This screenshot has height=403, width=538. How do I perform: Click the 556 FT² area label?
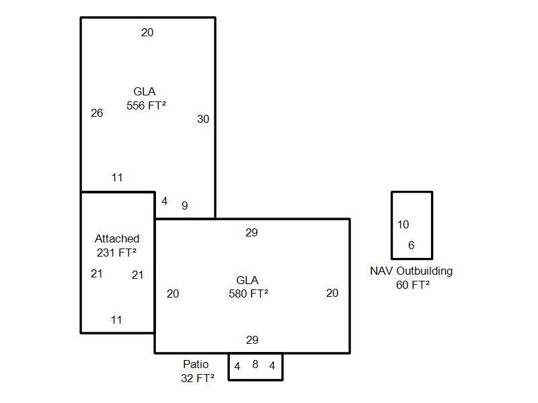click(x=146, y=105)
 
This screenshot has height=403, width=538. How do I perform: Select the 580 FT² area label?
click(x=248, y=294)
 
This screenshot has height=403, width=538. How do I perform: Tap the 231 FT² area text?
click(x=116, y=253)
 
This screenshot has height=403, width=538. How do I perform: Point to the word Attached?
click(x=117, y=238)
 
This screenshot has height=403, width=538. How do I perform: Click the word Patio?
click(x=196, y=364)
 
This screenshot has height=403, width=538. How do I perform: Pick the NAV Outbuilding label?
click(x=411, y=271)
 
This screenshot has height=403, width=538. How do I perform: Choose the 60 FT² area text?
click(x=412, y=285)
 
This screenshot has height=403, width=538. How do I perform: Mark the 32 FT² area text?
click(x=197, y=378)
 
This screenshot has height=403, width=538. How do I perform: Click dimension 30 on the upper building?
click(x=203, y=119)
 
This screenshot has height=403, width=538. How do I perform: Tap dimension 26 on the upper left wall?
click(x=97, y=113)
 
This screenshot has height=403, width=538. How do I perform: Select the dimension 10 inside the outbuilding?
click(x=403, y=224)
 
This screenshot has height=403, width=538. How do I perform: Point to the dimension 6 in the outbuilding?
click(x=412, y=245)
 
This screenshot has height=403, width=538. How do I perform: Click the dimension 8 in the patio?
click(x=255, y=365)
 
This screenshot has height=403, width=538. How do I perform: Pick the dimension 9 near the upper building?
click(x=184, y=206)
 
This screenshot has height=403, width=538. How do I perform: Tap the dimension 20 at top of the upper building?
click(x=147, y=32)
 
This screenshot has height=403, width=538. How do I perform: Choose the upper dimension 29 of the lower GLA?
click(x=252, y=233)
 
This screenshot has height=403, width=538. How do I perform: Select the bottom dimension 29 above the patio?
click(x=252, y=340)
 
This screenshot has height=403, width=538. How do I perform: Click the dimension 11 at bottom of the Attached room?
click(x=116, y=320)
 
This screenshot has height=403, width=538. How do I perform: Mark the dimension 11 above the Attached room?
click(x=117, y=178)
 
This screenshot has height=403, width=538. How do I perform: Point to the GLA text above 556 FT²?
click(x=145, y=91)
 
